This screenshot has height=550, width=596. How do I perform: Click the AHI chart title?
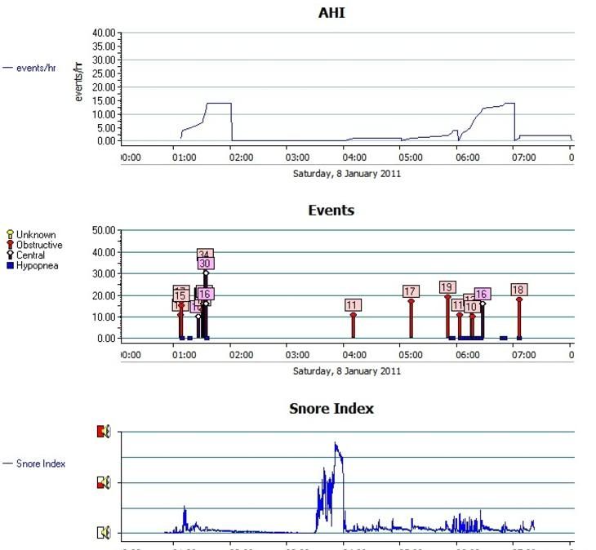pyautogui.click(x=331, y=13)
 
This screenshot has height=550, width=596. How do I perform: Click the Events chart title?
pyautogui.click(x=331, y=210)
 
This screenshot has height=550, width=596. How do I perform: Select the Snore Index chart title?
pyautogui.click(x=331, y=408)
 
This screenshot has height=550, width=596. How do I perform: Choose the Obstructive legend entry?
pyautogui.click(x=38, y=245)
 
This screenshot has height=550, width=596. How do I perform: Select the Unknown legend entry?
pyautogui.click(x=35, y=235)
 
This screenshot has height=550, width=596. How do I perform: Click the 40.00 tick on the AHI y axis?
pyautogui.click(x=105, y=33)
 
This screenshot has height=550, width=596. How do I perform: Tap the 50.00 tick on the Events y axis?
pyautogui.click(x=105, y=231)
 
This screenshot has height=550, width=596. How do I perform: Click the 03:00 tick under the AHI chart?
pyautogui.click(x=297, y=157)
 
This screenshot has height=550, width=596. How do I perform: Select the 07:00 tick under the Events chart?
pyautogui.click(x=523, y=355)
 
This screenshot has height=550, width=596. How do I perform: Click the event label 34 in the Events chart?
pyautogui.click(x=205, y=255)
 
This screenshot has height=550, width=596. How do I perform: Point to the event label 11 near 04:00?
pyautogui.click(x=353, y=305)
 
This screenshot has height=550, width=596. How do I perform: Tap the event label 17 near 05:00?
pyautogui.click(x=411, y=291)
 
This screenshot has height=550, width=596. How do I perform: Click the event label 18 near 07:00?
pyautogui.click(x=518, y=290)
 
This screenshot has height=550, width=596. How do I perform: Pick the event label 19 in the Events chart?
pyautogui.click(x=447, y=287)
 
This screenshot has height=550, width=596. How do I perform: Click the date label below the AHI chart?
pyautogui.click(x=346, y=173)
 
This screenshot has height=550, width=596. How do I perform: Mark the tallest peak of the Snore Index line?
pyautogui.click(x=335, y=443)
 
